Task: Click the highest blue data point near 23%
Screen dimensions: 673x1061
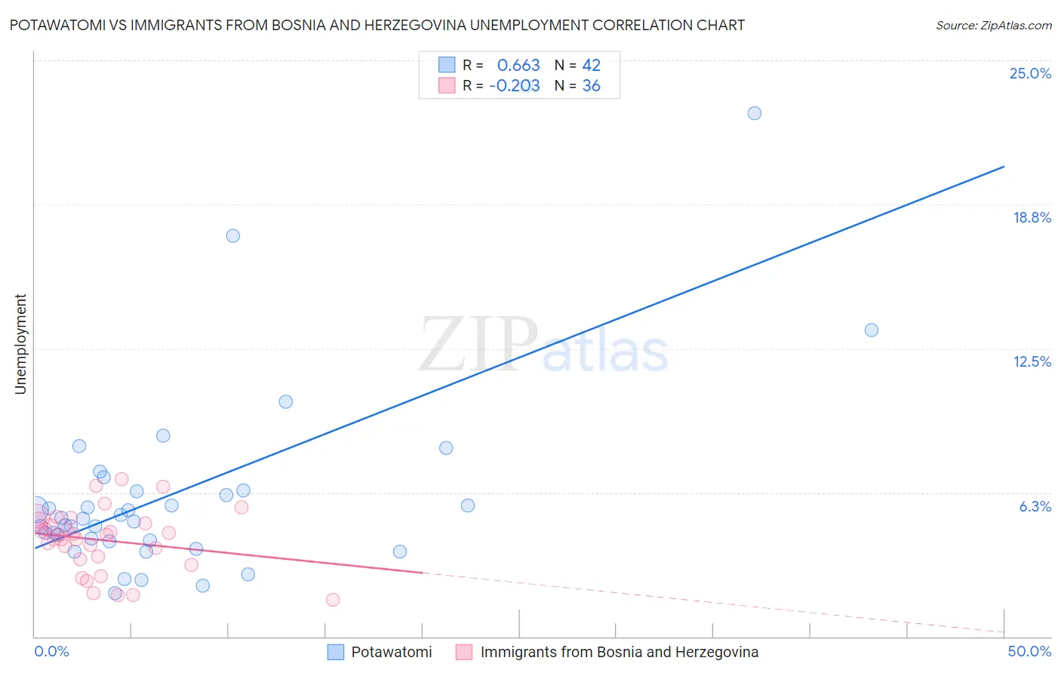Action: pyautogui.click(x=754, y=113)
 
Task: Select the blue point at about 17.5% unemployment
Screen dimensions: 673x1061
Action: pyautogui.click(x=233, y=235)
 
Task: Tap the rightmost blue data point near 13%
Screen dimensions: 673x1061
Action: pyautogui.click(x=872, y=330)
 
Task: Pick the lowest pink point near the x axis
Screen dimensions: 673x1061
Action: pyautogui.click(x=333, y=600)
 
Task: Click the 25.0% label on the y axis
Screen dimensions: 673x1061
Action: pyautogui.click(x=1030, y=73)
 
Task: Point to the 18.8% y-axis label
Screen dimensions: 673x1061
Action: pyautogui.click(x=1032, y=217)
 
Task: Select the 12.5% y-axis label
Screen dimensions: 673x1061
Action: pyautogui.click(x=1032, y=361)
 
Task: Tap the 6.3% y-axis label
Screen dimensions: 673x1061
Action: pyautogui.click(x=1035, y=506)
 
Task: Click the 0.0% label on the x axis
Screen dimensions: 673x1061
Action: pyautogui.click(x=51, y=651)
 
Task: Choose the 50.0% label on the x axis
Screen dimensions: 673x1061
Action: pyautogui.click(x=1029, y=651)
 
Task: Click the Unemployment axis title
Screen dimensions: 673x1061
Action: pyautogui.click(x=20, y=344)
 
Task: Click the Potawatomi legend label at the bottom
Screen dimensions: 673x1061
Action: pyautogui.click(x=392, y=652)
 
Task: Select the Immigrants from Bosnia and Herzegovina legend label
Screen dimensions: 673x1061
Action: pyautogui.click(x=619, y=652)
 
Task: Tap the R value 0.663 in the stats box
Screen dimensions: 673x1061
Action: pyautogui.click(x=518, y=66)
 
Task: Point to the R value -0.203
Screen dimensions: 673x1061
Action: pyautogui.click(x=515, y=86)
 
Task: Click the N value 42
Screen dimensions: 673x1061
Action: pyautogui.click(x=591, y=66)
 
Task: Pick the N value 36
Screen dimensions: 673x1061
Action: pyautogui.click(x=591, y=86)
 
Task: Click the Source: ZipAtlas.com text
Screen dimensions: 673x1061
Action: pyautogui.click(x=993, y=26)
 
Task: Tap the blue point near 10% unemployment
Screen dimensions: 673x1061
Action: pyautogui.click(x=285, y=401)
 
